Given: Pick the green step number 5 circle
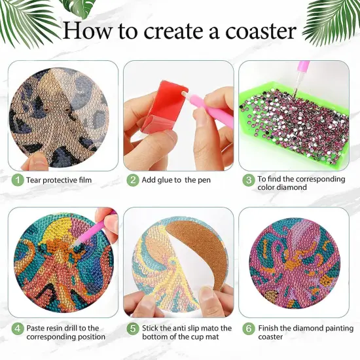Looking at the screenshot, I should coord(133,329).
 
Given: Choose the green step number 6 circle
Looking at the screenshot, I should coord(248,329).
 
